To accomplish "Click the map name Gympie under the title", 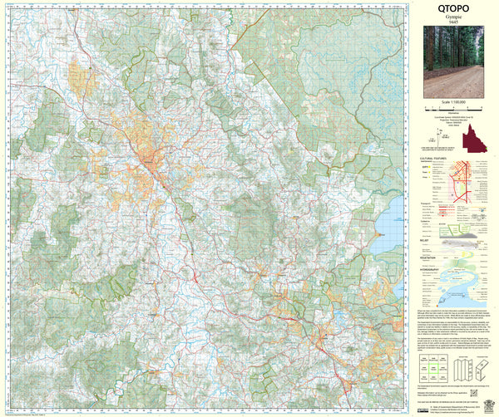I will [x=453, y=20].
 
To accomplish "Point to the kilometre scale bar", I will [x=453, y=109].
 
